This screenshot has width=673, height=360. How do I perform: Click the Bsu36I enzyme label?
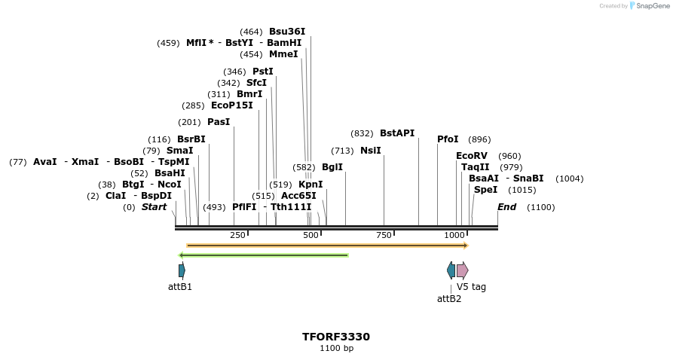(287, 32)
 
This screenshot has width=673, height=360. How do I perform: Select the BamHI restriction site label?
(284, 43)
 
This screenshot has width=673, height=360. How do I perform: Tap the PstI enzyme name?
(263, 72)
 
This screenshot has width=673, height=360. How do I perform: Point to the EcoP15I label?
(232, 105)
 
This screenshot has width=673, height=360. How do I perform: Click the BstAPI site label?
(397, 133)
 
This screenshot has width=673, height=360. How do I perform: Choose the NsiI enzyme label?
(371, 151)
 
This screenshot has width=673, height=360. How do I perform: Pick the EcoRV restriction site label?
(472, 156)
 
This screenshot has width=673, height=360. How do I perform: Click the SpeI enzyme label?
(485, 190)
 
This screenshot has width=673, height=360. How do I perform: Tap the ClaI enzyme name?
(115, 196)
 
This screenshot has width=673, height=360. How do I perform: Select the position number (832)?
(363, 133)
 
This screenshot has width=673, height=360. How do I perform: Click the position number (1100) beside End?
(540, 207)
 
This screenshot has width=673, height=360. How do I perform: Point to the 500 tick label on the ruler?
(310, 236)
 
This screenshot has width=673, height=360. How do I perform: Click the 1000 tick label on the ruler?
(454, 236)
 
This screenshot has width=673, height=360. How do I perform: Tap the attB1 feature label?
(180, 287)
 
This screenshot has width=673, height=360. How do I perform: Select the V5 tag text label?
(471, 287)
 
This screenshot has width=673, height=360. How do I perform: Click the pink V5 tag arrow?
(462, 270)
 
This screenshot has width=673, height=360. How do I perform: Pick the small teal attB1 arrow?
(182, 270)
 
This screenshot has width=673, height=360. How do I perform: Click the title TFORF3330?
(336, 337)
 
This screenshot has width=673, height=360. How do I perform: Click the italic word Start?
(154, 207)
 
